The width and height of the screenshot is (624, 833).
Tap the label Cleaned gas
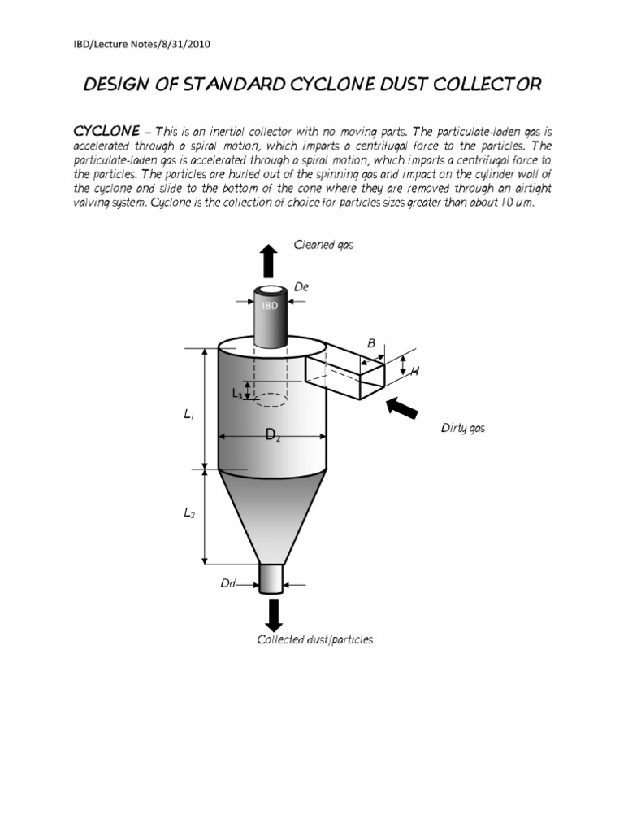coord(323,245)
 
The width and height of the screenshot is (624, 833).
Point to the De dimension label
coord(301,287)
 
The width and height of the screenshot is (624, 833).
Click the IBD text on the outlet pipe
coord(269,306)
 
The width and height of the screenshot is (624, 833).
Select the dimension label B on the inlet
coord(371,343)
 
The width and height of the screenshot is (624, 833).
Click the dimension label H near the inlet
coord(414,371)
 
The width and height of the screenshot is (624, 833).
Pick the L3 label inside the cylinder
coord(237,394)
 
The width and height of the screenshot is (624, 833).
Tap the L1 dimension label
coord(188,415)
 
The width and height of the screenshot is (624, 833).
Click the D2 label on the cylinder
coord(273,436)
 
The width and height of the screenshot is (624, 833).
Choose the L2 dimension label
coord(188,514)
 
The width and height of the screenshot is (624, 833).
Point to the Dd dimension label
coord(227,583)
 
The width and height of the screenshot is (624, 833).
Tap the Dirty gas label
coord(462,428)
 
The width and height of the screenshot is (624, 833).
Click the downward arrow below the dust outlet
coord(274,613)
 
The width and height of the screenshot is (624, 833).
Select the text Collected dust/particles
coord(315,639)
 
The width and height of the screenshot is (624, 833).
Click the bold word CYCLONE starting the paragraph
coord(106,131)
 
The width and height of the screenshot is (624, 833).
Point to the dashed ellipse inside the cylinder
coord(272,400)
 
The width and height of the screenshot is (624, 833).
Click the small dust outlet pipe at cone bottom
coord(271,578)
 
